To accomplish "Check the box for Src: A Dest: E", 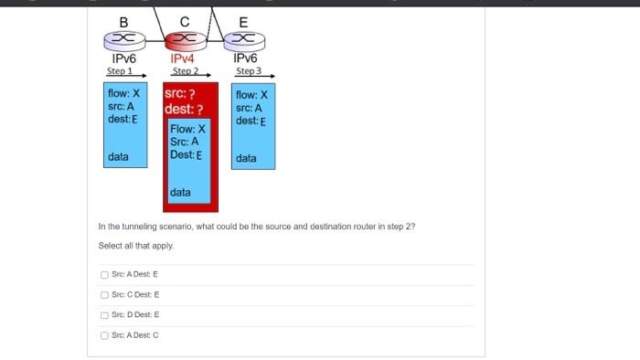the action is coord(104,274).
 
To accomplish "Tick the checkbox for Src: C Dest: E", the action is coord(104,294).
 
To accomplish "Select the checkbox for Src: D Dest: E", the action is coord(104,314).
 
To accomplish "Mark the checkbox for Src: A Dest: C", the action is coord(104,334).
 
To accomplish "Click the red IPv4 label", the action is coord(183,58).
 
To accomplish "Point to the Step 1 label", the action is coord(120,70).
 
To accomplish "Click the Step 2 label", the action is coord(186,70).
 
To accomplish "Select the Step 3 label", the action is coord(249,70).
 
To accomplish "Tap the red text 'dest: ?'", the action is coord(184,110).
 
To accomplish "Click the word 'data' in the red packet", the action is coord(180,192).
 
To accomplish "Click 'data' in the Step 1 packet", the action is coord(118,157).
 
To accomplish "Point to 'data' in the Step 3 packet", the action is coord(246,158).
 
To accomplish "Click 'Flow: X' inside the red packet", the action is coord(187,129).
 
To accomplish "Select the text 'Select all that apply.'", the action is coord(136,246).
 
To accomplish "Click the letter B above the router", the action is coord(123,21).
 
